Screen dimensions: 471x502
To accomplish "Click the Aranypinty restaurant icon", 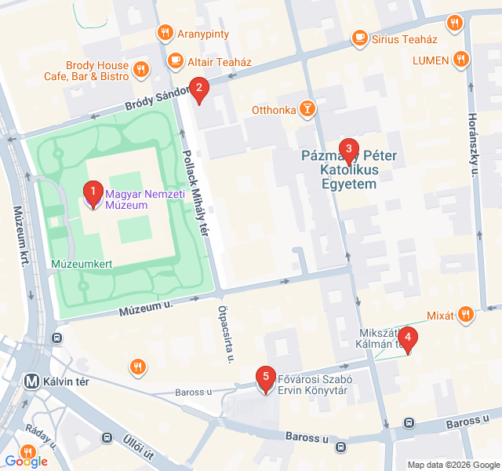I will (x=165, y=32).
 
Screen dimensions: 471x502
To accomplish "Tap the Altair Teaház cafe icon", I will (x=174, y=60).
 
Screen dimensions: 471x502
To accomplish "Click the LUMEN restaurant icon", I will (x=461, y=60).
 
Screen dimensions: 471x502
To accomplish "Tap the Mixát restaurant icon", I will (x=467, y=316).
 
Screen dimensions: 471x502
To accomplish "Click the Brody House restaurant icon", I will (x=141, y=69).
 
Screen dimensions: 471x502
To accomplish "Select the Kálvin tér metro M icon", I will (x=33, y=380).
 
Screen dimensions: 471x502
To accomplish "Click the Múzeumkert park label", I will (x=82, y=265).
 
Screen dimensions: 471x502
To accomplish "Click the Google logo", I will (x=26, y=461).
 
